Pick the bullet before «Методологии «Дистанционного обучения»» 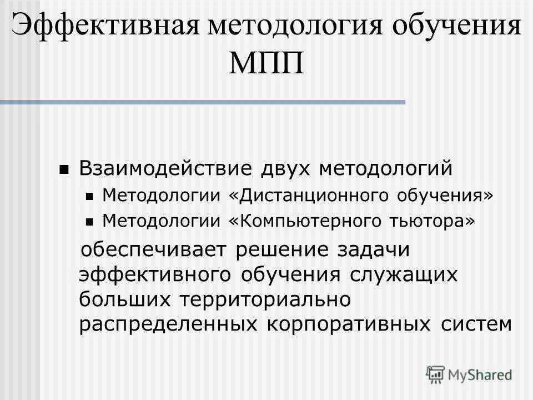(x=91, y=196)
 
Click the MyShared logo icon (x=436, y=373)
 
